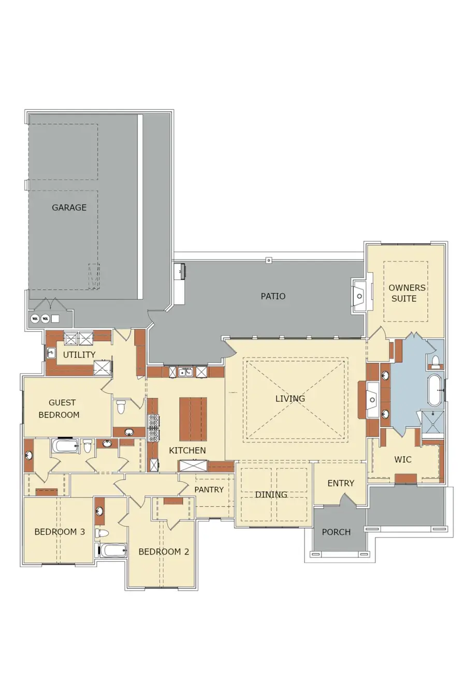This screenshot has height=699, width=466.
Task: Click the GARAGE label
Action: (x=69, y=208)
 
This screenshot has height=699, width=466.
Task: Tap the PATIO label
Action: (x=273, y=296)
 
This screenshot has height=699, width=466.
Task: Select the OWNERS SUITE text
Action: (x=406, y=293)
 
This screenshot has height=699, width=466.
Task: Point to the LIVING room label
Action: (x=290, y=399)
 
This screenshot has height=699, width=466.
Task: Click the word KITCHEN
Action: (x=187, y=450)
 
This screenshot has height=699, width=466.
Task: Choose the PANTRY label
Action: (x=209, y=489)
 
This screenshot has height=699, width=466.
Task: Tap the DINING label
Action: (x=271, y=494)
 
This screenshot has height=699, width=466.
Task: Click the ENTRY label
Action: (x=341, y=483)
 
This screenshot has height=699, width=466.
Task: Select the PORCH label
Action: (x=336, y=532)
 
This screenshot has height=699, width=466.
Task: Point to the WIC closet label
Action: (x=403, y=459)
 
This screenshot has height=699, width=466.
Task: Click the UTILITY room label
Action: (x=79, y=355)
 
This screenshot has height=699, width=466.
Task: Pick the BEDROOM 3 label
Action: (x=60, y=532)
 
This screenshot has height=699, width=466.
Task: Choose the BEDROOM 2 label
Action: (x=164, y=551)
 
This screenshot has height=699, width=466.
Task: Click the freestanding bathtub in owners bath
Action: (x=434, y=390)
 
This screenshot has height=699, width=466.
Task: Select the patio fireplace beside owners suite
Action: (x=359, y=296)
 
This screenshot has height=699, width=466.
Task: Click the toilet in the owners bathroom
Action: (x=435, y=360)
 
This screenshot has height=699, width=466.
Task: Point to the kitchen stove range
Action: (x=153, y=428)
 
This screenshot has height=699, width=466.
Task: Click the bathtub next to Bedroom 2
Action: (x=113, y=550)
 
